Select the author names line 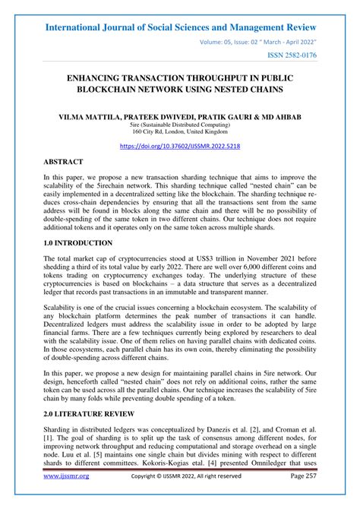tap(180, 118)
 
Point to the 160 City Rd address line tap(180, 135)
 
